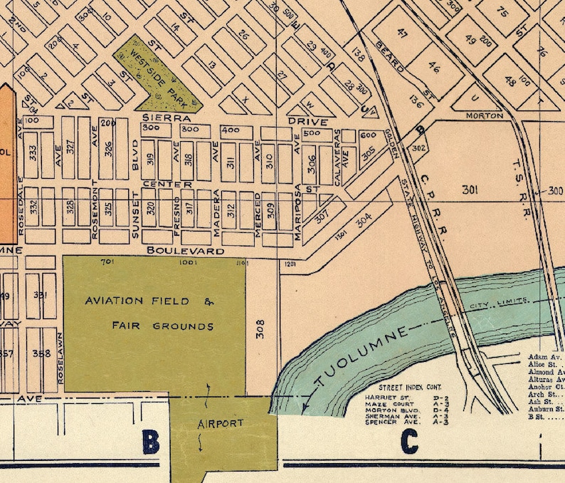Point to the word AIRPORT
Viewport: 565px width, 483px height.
click(x=220, y=423)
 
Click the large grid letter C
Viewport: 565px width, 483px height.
click(x=408, y=442)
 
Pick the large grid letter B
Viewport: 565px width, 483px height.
click(x=151, y=442)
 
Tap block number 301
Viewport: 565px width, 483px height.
click(x=470, y=190)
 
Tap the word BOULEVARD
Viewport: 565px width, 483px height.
click(x=186, y=251)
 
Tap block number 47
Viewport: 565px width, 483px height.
click(x=403, y=33)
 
